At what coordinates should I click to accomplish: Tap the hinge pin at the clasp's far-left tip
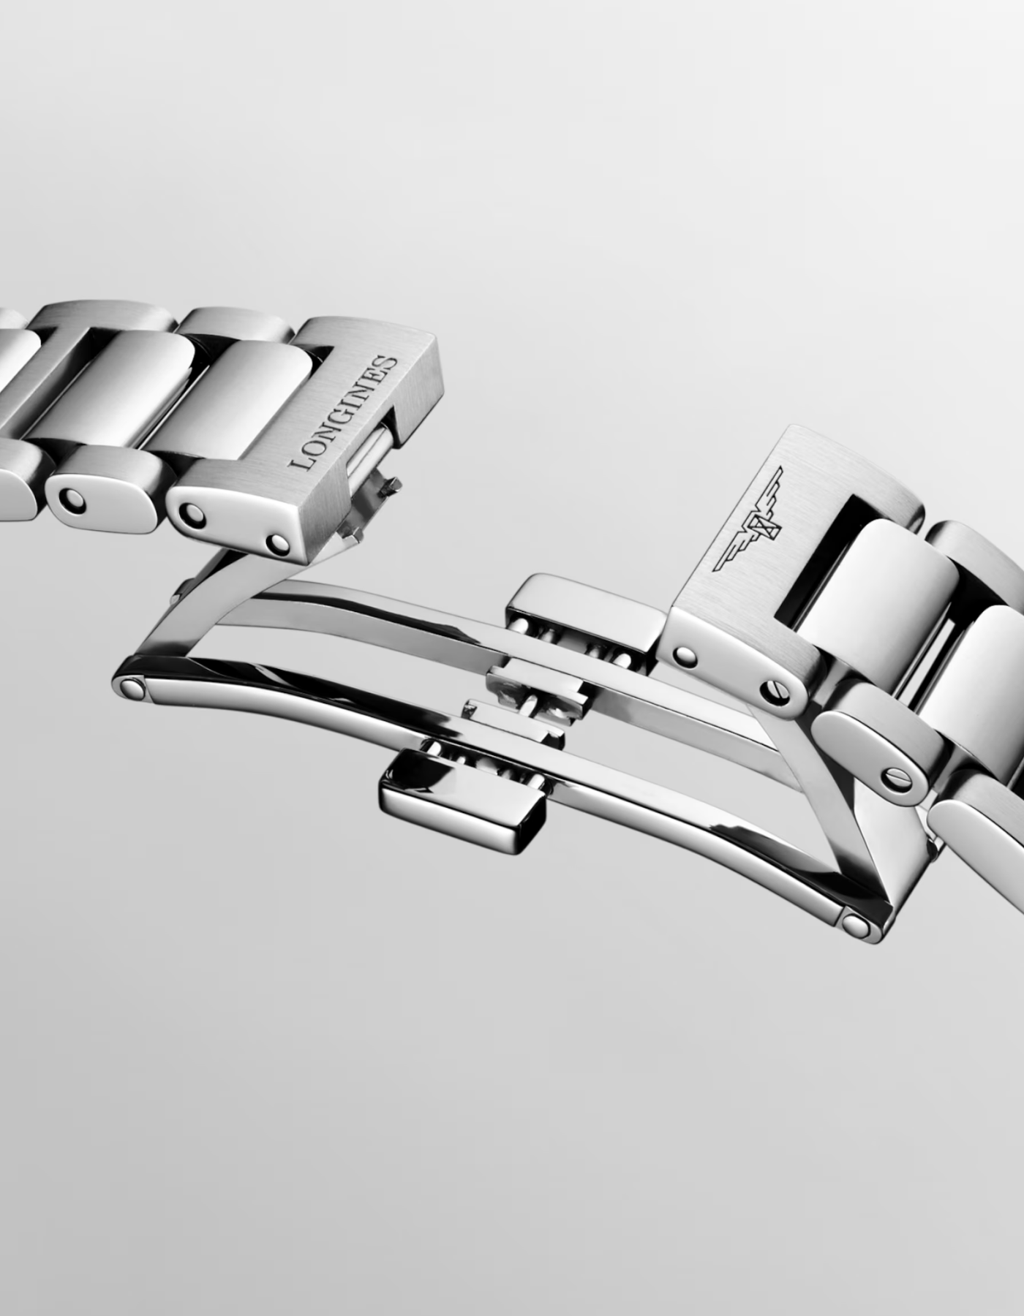tap(133, 687)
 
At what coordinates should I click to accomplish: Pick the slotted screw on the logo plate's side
tap(779, 691)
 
